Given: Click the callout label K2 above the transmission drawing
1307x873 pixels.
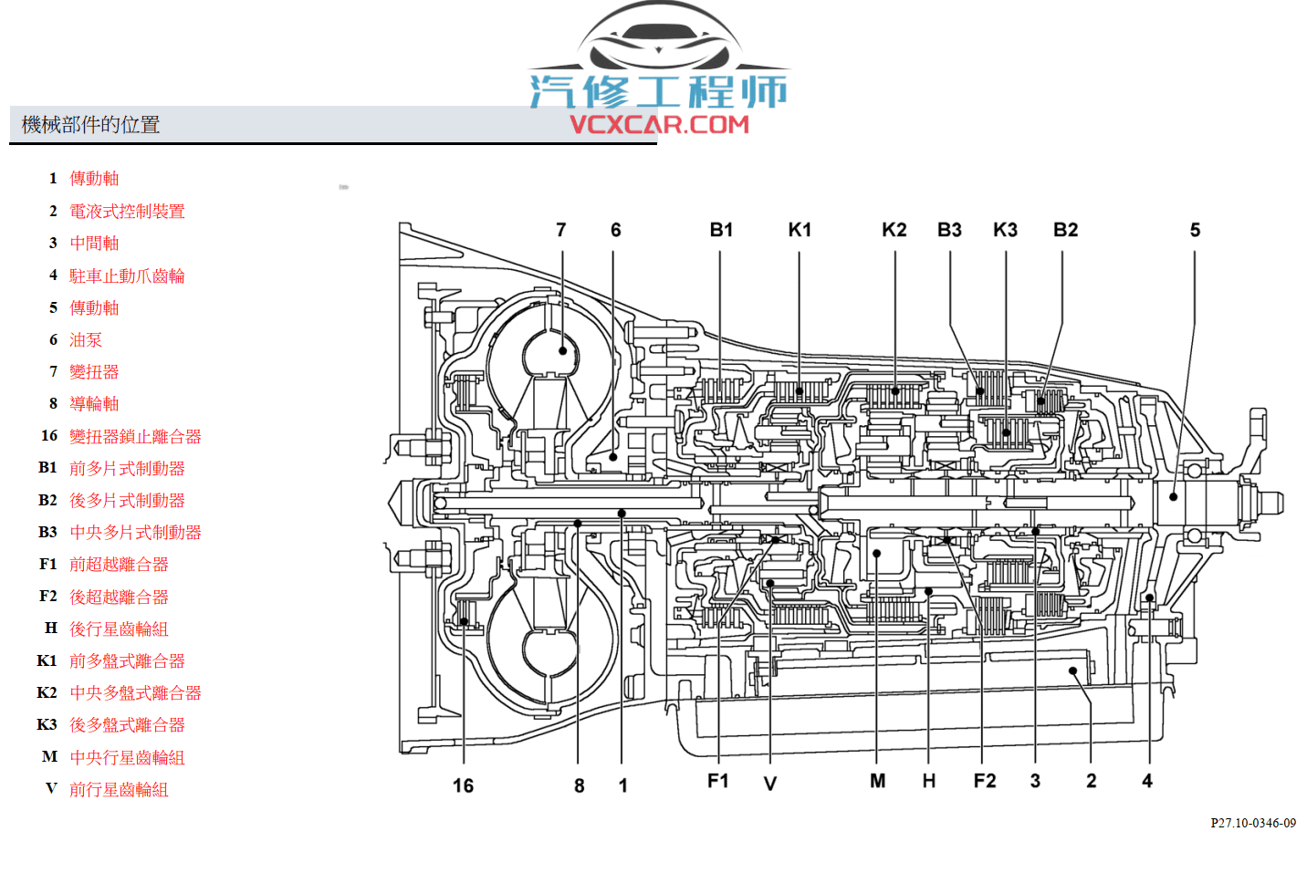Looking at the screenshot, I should click(x=894, y=230).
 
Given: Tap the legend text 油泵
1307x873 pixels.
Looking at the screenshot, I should click(x=86, y=340).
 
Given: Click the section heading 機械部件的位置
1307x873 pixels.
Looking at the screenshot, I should click(x=90, y=125).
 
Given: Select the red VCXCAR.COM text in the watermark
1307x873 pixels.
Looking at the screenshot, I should click(x=659, y=124).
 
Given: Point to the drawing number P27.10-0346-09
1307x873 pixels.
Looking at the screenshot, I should click(x=1252, y=823).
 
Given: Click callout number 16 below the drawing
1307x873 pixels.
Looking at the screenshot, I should click(x=463, y=785).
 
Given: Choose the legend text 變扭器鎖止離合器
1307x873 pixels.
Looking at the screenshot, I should click(x=135, y=437).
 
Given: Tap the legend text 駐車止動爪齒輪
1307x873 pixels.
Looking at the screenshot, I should click(x=127, y=275).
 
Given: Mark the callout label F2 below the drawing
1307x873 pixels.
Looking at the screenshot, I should click(x=985, y=781).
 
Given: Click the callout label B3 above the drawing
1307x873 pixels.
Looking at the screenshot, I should click(x=949, y=230).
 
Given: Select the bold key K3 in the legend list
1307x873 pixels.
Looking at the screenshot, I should click(x=47, y=724).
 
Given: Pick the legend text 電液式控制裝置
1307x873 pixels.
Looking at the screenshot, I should click(x=127, y=212).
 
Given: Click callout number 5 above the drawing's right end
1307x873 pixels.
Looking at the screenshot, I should click(x=1195, y=230).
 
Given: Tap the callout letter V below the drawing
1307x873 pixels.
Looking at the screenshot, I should click(x=769, y=784).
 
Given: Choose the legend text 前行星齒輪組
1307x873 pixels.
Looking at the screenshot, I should click(x=119, y=790).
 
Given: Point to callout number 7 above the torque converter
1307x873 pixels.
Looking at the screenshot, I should click(x=561, y=230).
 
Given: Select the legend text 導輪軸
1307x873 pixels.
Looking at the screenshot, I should click(x=94, y=404).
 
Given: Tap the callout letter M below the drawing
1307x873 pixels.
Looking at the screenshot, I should click(x=877, y=781).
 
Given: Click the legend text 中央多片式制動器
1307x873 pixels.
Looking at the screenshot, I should click(x=135, y=533).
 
